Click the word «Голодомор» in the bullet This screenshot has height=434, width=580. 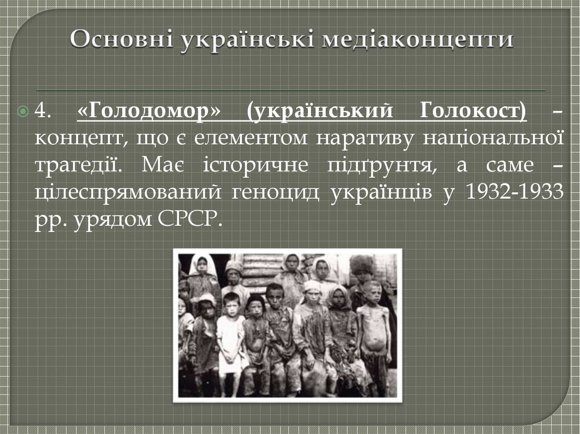(150, 111)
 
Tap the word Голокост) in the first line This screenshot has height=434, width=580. (473, 111)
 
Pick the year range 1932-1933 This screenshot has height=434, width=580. (514, 192)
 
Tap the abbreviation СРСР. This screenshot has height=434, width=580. (185, 220)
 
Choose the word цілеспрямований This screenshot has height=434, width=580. (127, 192)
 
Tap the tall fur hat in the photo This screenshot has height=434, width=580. (361, 264)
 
